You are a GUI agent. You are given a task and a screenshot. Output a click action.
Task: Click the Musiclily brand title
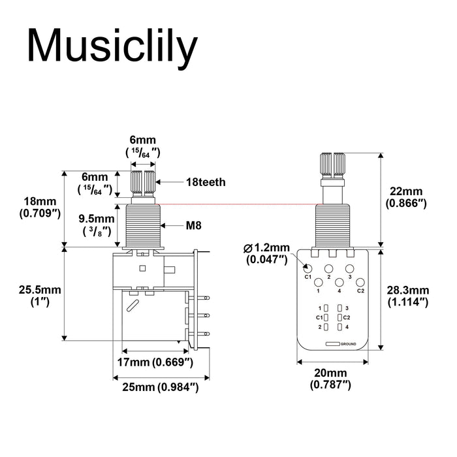tap(112, 47)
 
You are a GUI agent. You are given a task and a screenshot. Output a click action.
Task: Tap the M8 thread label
tap(193, 225)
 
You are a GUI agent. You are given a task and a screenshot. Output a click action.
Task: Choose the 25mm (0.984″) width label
tap(161, 387)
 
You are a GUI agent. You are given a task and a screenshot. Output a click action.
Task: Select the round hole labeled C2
tap(360, 282)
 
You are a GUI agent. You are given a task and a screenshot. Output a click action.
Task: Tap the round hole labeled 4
tap(339, 282)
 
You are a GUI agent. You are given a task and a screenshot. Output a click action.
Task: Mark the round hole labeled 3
tap(350, 268)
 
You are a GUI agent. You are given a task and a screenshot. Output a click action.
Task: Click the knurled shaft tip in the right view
tap(334, 165)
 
